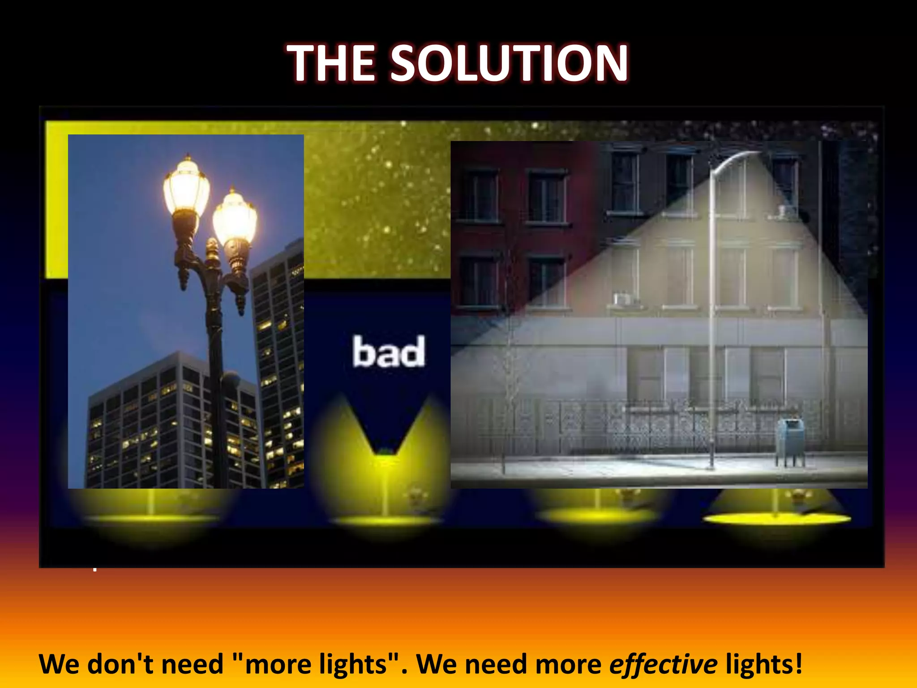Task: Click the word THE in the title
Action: click(331, 64)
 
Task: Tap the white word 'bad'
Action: click(389, 352)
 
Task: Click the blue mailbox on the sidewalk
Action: click(791, 441)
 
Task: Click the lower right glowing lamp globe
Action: click(235, 217)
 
